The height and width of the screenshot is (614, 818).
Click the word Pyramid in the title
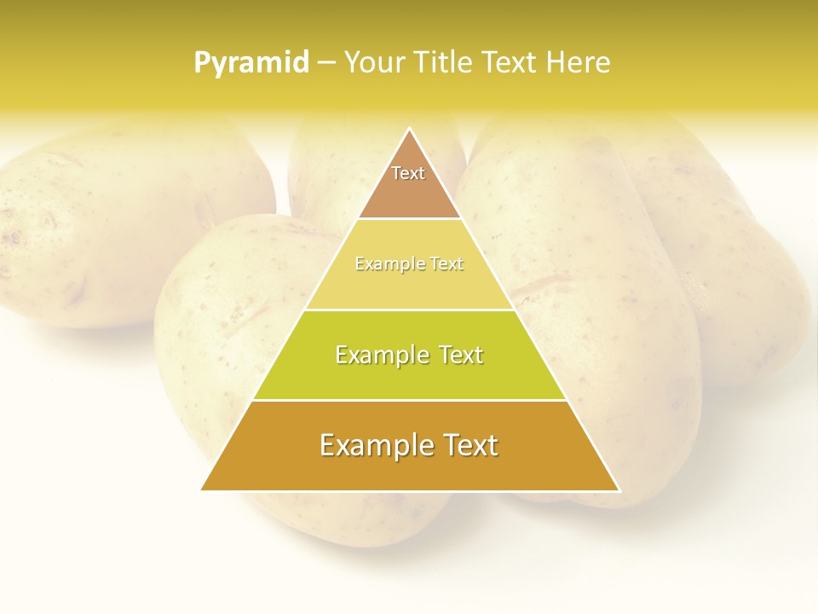pyautogui.click(x=251, y=63)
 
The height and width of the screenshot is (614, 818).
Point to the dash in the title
pyautogui.click(x=325, y=63)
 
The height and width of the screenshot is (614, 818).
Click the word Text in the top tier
pyautogui.click(x=408, y=173)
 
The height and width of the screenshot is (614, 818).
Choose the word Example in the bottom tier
pyautogui.click(x=372, y=445)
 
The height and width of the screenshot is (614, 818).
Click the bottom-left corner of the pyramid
pyautogui.click(x=202, y=490)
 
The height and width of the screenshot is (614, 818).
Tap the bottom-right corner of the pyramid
pyautogui.click(x=619, y=490)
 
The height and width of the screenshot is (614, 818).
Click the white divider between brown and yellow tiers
pyautogui.click(x=409, y=219)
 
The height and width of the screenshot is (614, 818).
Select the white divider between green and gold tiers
pyautogui.click(x=409, y=400)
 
